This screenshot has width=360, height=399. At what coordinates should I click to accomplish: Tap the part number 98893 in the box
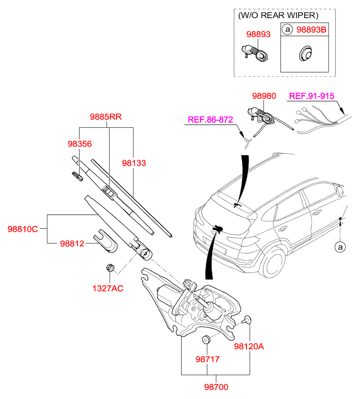tap(258, 34)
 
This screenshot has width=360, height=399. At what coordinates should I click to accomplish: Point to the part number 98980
tap(264, 95)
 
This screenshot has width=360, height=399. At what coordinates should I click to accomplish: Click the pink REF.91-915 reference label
tap(311, 95)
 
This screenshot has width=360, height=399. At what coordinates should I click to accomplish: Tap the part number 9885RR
tap(105, 116)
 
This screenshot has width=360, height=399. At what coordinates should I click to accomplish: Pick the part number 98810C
tap(22, 229)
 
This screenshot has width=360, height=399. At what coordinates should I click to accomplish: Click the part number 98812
tap(72, 243)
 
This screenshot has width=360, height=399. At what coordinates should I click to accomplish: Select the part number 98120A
tap(249, 346)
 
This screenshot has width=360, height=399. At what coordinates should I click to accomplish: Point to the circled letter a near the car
tap(340, 248)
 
